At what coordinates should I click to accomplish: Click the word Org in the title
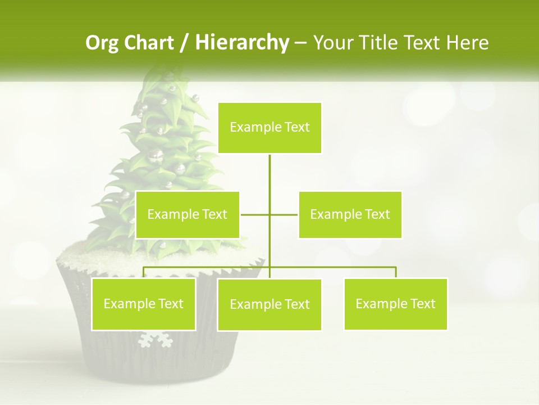tap(102, 43)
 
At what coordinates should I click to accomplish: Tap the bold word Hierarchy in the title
tap(242, 43)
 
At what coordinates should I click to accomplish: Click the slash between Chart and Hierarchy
tap(184, 43)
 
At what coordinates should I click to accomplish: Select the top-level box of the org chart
tap(269, 128)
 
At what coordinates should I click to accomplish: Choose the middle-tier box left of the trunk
tap(188, 214)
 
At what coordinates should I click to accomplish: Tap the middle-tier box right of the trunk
tap(350, 214)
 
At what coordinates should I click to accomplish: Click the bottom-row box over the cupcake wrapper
tap(144, 304)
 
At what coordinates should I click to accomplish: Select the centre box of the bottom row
tap(269, 305)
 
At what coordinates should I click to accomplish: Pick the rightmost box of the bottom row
tap(396, 304)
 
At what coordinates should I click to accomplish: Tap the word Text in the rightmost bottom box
tap(423, 304)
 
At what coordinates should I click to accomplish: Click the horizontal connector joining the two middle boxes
tap(255, 214)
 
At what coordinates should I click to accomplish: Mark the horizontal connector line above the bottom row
tap(337, 267)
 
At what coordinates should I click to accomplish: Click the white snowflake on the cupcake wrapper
tap(154, 339)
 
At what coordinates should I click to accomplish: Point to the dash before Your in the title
tap(300, 43)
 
